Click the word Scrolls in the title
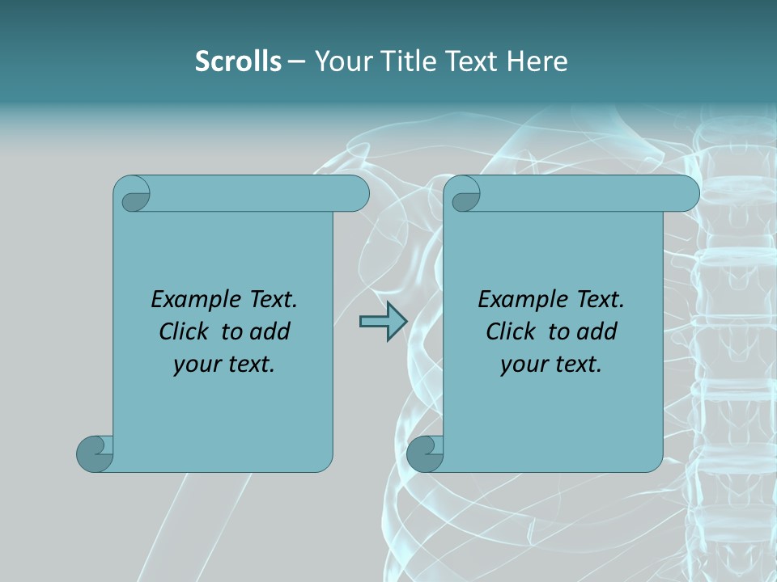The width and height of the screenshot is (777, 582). pos(238,61)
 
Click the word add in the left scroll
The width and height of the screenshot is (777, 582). pos(270,332)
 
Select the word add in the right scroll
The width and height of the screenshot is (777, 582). pos(597,332)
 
